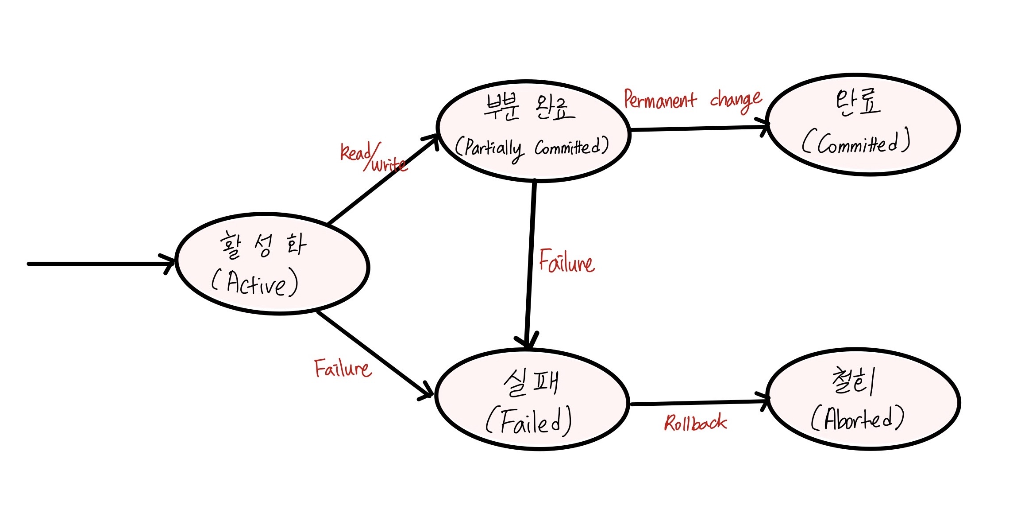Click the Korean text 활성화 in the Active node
point(263,245)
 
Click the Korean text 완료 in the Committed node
point(858,103)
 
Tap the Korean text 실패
point(531,382)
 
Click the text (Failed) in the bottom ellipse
point(529,421)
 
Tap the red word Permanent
point(660,100)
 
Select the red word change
point(736,101)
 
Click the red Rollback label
point(695,424)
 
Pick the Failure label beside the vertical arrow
point(566,261)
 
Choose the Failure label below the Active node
point(343,369)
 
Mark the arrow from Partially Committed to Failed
point(530,266)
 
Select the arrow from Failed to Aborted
point(699,403)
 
